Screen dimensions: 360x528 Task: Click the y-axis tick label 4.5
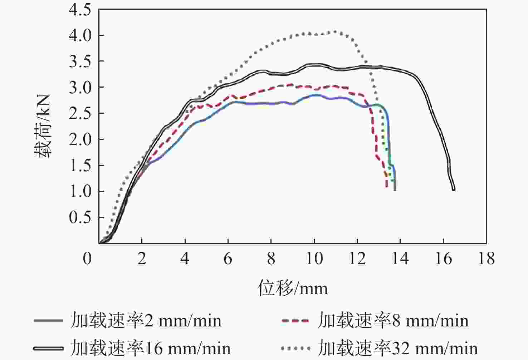80,10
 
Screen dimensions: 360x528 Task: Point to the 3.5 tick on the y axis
80,61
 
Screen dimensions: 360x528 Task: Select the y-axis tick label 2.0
80,139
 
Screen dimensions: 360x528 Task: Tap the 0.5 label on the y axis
80,217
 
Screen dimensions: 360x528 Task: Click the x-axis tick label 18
486,258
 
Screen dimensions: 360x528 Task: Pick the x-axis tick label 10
314,258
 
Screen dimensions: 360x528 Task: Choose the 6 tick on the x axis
228,258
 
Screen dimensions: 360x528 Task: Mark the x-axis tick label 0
87,258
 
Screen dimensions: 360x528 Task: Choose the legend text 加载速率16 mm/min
151,348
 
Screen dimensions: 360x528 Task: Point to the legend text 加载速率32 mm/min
397,348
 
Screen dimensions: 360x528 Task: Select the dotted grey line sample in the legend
295,348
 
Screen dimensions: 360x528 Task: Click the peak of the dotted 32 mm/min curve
335,31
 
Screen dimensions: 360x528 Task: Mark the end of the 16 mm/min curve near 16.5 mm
454,189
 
